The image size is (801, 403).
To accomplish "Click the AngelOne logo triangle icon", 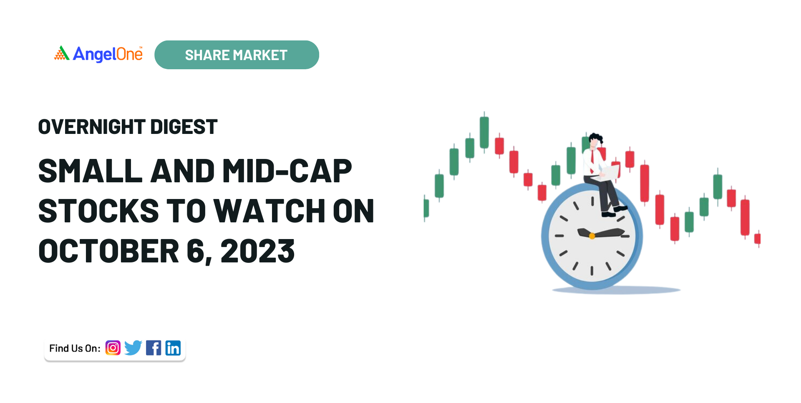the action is coord(62,53).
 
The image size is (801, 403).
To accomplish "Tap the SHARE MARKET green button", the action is coord(237,55).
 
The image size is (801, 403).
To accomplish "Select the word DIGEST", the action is coord(184,127).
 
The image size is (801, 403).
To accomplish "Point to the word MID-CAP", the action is coord(287,171).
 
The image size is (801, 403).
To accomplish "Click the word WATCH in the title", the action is coord(269,211).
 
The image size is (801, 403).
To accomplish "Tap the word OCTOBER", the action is coord(109,251).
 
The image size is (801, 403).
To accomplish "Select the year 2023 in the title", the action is coord(257,251).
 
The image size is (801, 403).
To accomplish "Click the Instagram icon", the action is coord(113,348).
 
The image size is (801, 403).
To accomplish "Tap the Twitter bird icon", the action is coord(133,348).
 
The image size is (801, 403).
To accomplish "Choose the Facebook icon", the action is coord(154,348).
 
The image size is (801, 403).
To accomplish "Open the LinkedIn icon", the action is coord(173,348).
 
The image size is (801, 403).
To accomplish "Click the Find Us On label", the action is coord(75,348).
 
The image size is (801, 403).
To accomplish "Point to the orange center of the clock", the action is coord(592,236).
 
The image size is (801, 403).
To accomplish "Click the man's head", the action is coord(595,140).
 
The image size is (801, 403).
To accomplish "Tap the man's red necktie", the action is coord(592,162).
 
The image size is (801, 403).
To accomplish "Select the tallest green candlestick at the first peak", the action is coord(484,132).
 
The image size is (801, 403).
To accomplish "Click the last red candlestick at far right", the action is coord(758,239).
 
